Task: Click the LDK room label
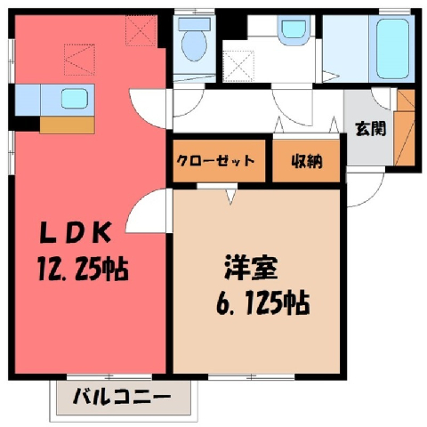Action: point(76,232)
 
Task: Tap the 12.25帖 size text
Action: point(83,270)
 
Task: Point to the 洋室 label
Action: point(251,267)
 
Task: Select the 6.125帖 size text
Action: point(263,302)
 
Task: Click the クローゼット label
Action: point(215,161)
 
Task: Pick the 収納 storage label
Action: point(306,161)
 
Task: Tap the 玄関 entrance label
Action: point(371,129)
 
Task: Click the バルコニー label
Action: point(122,397)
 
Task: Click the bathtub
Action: point(392,48)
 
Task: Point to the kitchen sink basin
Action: point(75,99)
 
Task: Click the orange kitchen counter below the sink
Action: point(67,125)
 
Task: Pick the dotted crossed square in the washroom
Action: point(238,66)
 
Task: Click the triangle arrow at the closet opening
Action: point(231,197)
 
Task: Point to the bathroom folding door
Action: point(330,76)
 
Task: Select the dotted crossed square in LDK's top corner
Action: point(141,30)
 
